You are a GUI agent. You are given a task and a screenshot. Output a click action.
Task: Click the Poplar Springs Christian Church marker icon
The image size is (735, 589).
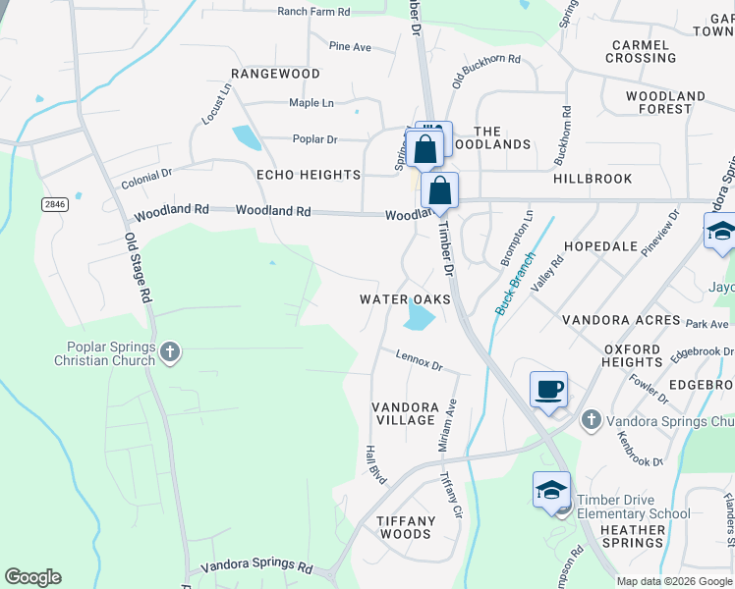tap(171, 351)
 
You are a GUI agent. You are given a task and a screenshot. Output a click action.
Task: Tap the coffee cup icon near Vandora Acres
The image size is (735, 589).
tap(548, 389)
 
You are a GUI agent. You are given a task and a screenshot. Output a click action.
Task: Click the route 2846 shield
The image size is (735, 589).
tap(55, 204)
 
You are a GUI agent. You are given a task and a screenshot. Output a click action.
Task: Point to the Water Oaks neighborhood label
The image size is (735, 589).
tap(405, 299)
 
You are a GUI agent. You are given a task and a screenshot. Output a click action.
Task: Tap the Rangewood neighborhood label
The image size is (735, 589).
tap(275, 74)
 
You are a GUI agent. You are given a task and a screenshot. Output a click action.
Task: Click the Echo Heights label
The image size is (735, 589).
tap(309, 175)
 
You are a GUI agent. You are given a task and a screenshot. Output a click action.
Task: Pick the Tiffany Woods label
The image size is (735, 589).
tap(406, 527)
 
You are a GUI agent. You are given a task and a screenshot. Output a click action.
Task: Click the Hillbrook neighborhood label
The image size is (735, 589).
tap(593, 179)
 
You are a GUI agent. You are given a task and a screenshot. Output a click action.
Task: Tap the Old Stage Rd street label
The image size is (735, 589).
tap(138, 267)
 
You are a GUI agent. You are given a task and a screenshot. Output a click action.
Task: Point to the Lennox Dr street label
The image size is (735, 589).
tap(420, 360)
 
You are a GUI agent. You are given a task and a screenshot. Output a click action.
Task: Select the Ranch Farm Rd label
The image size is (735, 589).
tap(313, 12)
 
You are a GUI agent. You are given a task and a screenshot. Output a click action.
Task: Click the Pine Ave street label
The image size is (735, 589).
tap(350, 46)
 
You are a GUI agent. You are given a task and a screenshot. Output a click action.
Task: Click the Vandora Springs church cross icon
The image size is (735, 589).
tap(591, 420)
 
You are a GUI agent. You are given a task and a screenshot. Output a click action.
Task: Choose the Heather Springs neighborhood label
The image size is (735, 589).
tap(633, 536)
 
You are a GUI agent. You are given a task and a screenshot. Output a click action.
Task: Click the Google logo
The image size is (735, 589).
tap(32, 577)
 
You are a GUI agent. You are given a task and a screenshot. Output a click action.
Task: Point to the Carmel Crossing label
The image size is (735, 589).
tap(641, 51)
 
